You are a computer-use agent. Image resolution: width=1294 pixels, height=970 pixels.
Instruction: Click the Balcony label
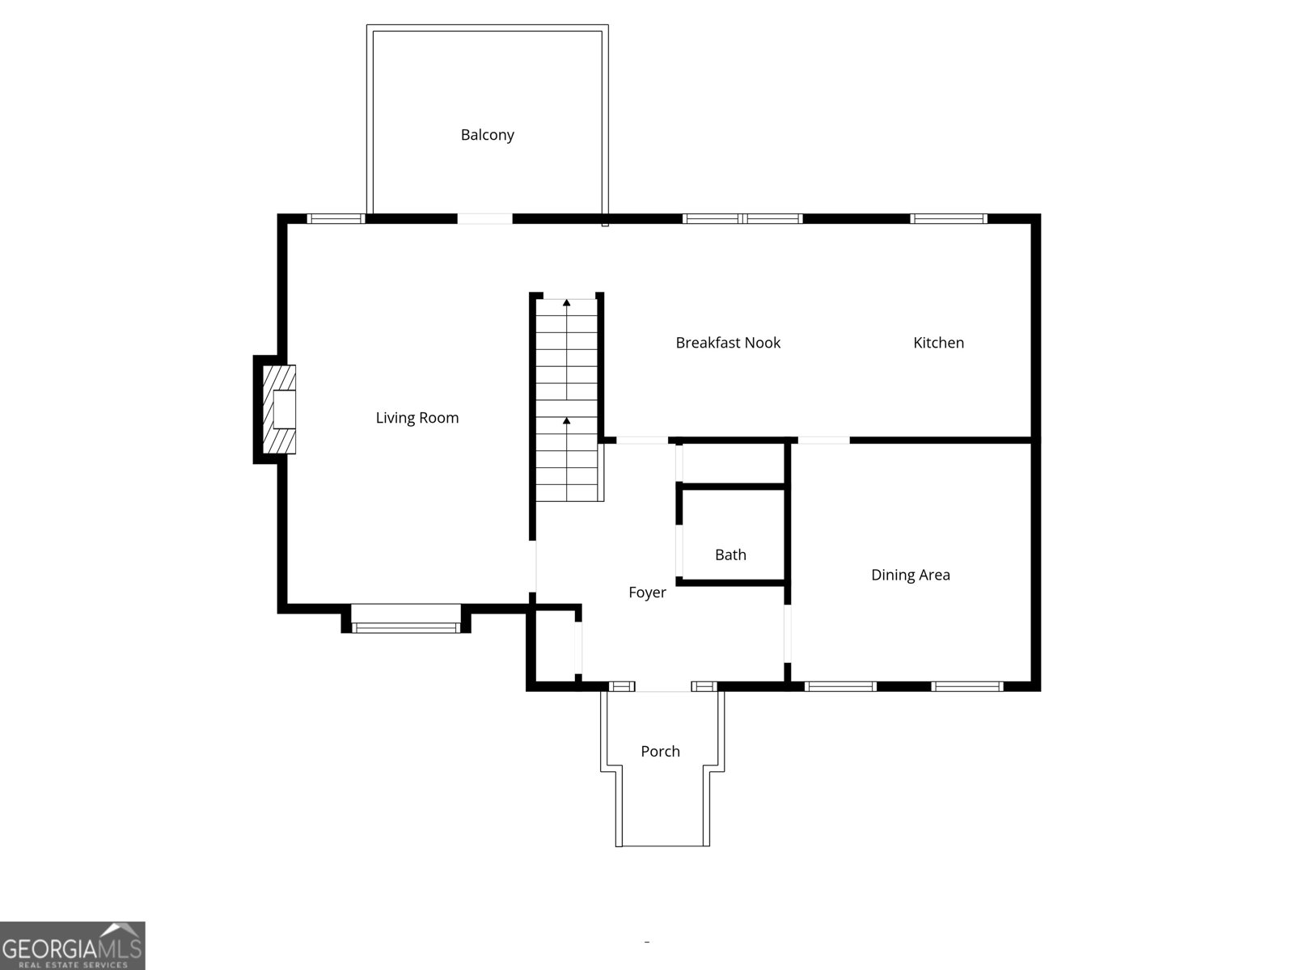click(x=487, y=135)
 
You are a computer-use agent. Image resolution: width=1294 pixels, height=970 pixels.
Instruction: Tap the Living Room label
click(x=417, y=418)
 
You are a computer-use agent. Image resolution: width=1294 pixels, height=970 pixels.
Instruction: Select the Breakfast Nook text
click(x=728, y=343)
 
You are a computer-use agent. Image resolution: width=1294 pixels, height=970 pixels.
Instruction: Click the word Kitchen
click(x=938, y=343)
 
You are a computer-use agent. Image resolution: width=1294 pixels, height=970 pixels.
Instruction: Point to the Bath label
click(x=730, y=555)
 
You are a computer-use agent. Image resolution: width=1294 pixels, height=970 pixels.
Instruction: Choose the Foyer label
click(x=647, y=593)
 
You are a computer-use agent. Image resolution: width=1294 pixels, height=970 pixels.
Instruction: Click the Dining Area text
click(x=910, y=575)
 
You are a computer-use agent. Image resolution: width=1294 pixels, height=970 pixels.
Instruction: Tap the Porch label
click(x=660, y=751)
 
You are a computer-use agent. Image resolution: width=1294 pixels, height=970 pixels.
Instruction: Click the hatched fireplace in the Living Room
click(x=279, y=409)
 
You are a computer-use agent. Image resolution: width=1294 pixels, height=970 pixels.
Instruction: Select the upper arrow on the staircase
click(x=566, y=303)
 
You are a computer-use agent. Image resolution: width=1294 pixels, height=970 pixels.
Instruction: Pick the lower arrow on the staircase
click(x=566, y=421)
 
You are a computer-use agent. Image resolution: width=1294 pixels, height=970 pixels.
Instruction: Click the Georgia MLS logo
click(x=72, y=945)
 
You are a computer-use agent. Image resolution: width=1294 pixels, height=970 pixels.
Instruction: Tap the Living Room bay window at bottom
click(x=406, y=626)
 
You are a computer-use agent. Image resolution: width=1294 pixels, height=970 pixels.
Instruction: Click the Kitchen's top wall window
click(x=949, y=218)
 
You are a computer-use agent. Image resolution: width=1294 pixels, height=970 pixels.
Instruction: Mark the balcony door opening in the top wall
click(x=484, y=218)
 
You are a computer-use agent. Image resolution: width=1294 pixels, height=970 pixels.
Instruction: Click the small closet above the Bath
click(x=733, y=464)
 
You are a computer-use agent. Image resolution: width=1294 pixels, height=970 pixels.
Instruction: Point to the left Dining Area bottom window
click(x=840, y=686)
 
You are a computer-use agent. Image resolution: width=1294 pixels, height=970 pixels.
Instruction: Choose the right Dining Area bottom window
click(x=966, y=686)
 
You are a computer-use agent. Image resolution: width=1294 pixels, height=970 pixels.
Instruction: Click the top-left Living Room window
click(x=336, y=218)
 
